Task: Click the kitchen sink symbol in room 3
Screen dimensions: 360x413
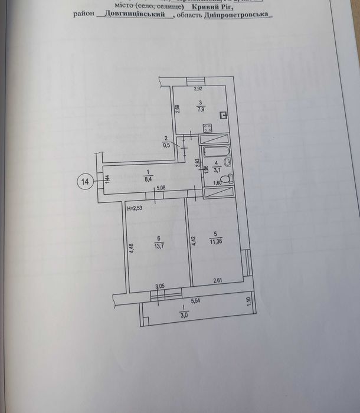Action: pyautogui.click(x=223, y=116)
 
